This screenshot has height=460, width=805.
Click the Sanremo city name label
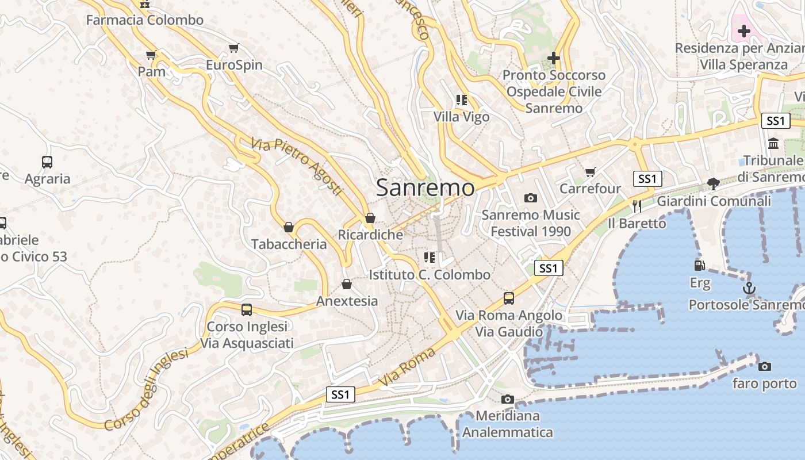coord(425,187)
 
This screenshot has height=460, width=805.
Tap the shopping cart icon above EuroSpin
coord(233,48)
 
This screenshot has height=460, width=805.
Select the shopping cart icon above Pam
coord(151,55)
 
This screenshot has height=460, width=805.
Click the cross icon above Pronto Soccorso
coord(554,58)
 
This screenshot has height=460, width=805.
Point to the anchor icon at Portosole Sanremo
coord(749,289)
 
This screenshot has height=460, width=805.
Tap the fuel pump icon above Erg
coord(700,266)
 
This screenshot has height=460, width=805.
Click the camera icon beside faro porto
coord(764,366)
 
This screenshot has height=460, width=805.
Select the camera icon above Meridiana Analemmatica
coord(507,399)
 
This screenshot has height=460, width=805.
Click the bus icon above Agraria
coord(47,162)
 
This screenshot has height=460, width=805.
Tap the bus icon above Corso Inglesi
coord(247,310)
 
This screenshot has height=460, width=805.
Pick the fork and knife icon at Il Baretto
coord(637,206)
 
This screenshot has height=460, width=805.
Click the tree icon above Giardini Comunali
coord(714,184)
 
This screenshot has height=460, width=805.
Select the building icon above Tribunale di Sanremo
coord(773,143)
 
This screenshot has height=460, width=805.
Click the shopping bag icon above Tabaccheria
coord(289,228)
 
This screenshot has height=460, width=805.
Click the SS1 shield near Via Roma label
coord(340,394)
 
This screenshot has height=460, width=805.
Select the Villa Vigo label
coord(461,117)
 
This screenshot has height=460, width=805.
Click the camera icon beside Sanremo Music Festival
coord(531,198)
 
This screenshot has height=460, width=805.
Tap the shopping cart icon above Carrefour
coord(590,172)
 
